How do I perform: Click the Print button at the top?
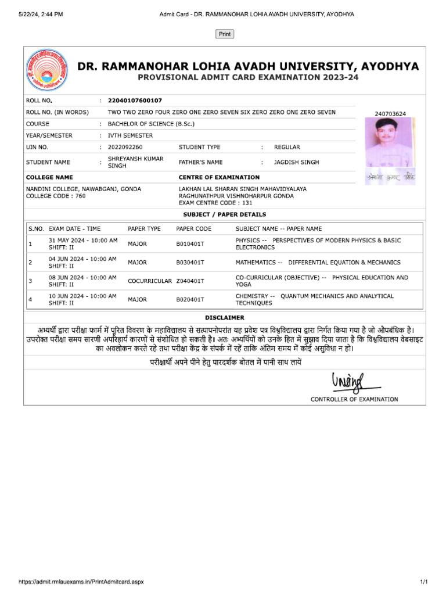[225, 34]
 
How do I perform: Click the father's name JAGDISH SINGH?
[296, 162]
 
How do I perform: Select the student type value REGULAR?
[287, 147]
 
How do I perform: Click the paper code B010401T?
[190, 244]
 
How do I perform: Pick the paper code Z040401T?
[190, 281]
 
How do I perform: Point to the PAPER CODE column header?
[193, 229]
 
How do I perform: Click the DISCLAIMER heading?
[225, 318]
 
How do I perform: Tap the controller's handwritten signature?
[347, 382]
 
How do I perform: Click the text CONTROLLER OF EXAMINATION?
[354, 399]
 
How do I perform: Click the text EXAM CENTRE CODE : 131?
[215, 203]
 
